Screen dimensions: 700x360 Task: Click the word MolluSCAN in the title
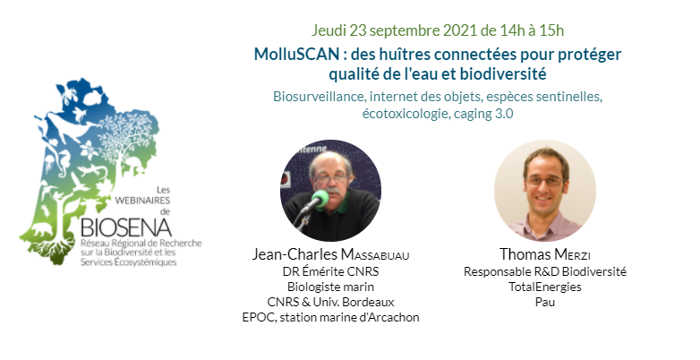point(296,55)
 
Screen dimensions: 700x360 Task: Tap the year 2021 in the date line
point(460,30)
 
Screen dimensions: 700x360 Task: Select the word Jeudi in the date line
point(329,30)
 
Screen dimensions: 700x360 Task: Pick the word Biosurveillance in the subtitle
point(320,97)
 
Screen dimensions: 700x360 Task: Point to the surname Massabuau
point(375,254)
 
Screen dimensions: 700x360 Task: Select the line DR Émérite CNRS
point(330,271)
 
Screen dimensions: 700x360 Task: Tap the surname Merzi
point(572,254)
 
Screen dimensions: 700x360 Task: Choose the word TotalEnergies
point(545,287)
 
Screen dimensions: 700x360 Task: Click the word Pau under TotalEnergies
point(545,302)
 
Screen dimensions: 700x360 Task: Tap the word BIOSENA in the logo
point(126,227)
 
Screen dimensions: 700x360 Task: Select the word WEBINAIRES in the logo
point(142,201)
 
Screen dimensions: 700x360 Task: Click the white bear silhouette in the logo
point(41,230)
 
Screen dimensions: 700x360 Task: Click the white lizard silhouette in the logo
point(92,170)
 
